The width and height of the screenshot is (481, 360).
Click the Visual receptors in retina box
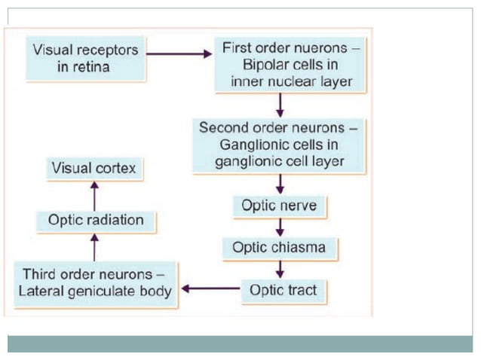pyautogui.click(x=85, y=58)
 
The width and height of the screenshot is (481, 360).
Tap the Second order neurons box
pyautogui.click(x=278, y=145)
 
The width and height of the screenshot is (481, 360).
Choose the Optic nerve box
pyautogui.click(x=279, y=205)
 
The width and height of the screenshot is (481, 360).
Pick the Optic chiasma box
pyautogui.click(x=280, y=247)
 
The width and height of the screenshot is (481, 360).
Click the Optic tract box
pyautogui.click(x=279, y=289)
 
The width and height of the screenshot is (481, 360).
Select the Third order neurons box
pyautogui.click(x=97, y=282)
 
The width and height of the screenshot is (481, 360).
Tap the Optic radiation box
pyautogui.click(x=95, y=221)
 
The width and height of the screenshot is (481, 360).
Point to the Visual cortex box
pyautogui.click(x=93, y=168)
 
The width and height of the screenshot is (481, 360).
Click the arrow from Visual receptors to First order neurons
pyautogui.click(x=179, y=54)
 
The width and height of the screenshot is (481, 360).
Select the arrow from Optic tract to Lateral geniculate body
pyautogui.click(x=210, y=288)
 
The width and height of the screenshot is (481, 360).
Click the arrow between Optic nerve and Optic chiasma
pyautogui.click(x=280, y=227)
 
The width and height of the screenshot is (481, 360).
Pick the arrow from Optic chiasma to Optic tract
pyautogui.click(x=280, y=269)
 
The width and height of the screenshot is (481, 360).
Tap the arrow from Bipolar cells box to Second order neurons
pyautogui.click(x=280, y=104)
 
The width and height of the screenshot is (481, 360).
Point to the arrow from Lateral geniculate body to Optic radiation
pyautogui.click(x=94, y=246)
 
